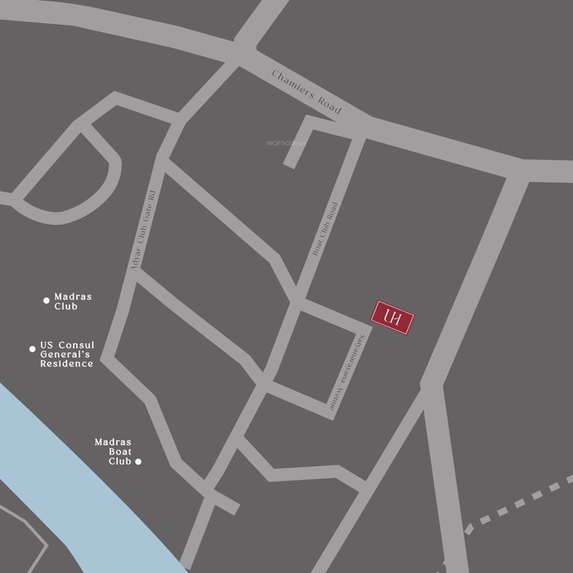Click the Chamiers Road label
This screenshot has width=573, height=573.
click(x=307, y=93)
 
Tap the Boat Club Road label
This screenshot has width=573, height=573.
click(x=325, y=230)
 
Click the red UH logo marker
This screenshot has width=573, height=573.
click(x=393, y=319)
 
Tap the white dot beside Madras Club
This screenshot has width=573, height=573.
click(x=46, y=301)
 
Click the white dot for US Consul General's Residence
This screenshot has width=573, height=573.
click(x=32, y=348)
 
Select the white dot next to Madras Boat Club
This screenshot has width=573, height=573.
click(x=138, y=462)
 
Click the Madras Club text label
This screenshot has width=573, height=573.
click(x=72, y=301)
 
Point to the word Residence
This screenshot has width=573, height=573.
click(x=66, y=364)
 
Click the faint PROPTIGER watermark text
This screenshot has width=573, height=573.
click(x=286, y=143)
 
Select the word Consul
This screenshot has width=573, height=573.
click(x=76, y=345)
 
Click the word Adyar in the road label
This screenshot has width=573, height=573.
click(x=137, y=259)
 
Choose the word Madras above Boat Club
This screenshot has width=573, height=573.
click(x=113, y=442)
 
